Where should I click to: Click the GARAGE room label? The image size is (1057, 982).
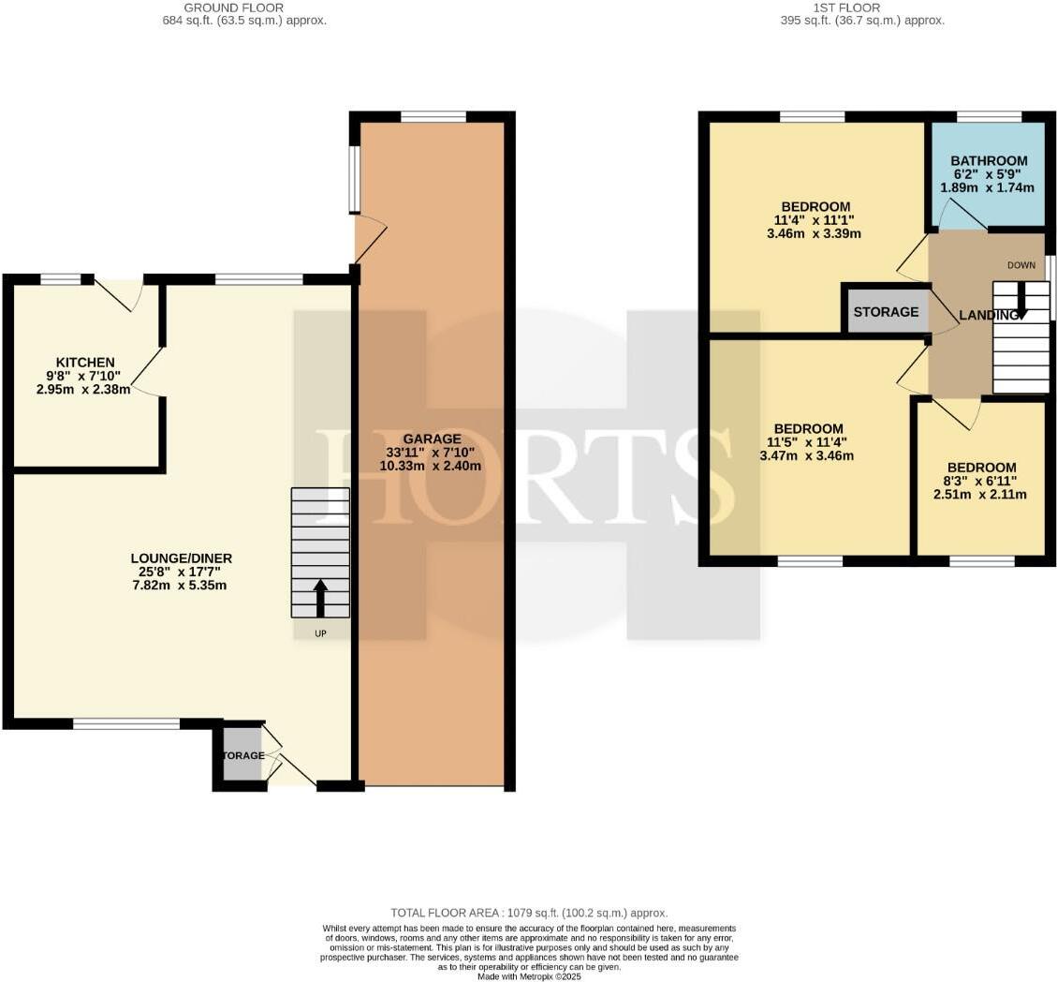coord(432,439)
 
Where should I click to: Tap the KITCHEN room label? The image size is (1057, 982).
coord(85,363)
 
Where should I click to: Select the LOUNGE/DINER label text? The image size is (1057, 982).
coord(181,558)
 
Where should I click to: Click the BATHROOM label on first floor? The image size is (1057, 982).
coord(989,160)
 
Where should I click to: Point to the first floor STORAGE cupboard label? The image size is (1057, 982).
coord(886,312)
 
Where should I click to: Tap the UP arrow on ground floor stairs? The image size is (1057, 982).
coord(320,598)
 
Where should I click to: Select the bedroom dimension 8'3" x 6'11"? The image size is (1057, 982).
coord(980,481)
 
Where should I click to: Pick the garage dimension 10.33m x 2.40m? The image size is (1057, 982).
coord(432,466)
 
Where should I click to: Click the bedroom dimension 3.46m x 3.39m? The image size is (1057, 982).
coord(815,233)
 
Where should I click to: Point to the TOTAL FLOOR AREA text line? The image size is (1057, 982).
coord(529,913)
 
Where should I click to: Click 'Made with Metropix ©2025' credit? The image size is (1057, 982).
coord(529,975)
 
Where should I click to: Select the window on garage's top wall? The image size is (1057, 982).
coord(433,117)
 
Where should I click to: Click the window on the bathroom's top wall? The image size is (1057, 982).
coord(989,117)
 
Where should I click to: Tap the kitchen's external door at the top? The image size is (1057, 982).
coord(118,292)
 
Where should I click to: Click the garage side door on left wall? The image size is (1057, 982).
coord(369,239)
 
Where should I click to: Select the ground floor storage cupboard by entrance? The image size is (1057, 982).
coord(242,755)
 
